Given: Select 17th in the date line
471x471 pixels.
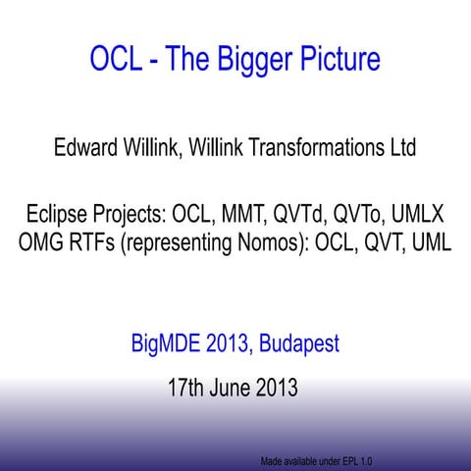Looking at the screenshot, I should [188, 388].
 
